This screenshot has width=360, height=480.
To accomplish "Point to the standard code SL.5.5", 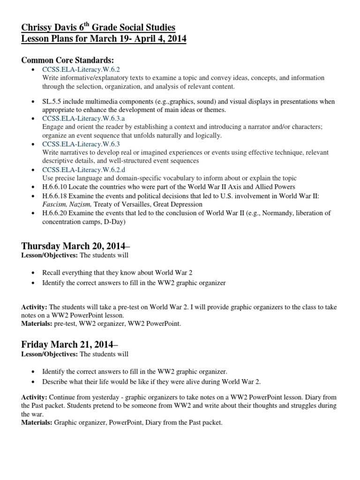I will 52,101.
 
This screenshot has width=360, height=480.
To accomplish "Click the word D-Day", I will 117,222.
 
